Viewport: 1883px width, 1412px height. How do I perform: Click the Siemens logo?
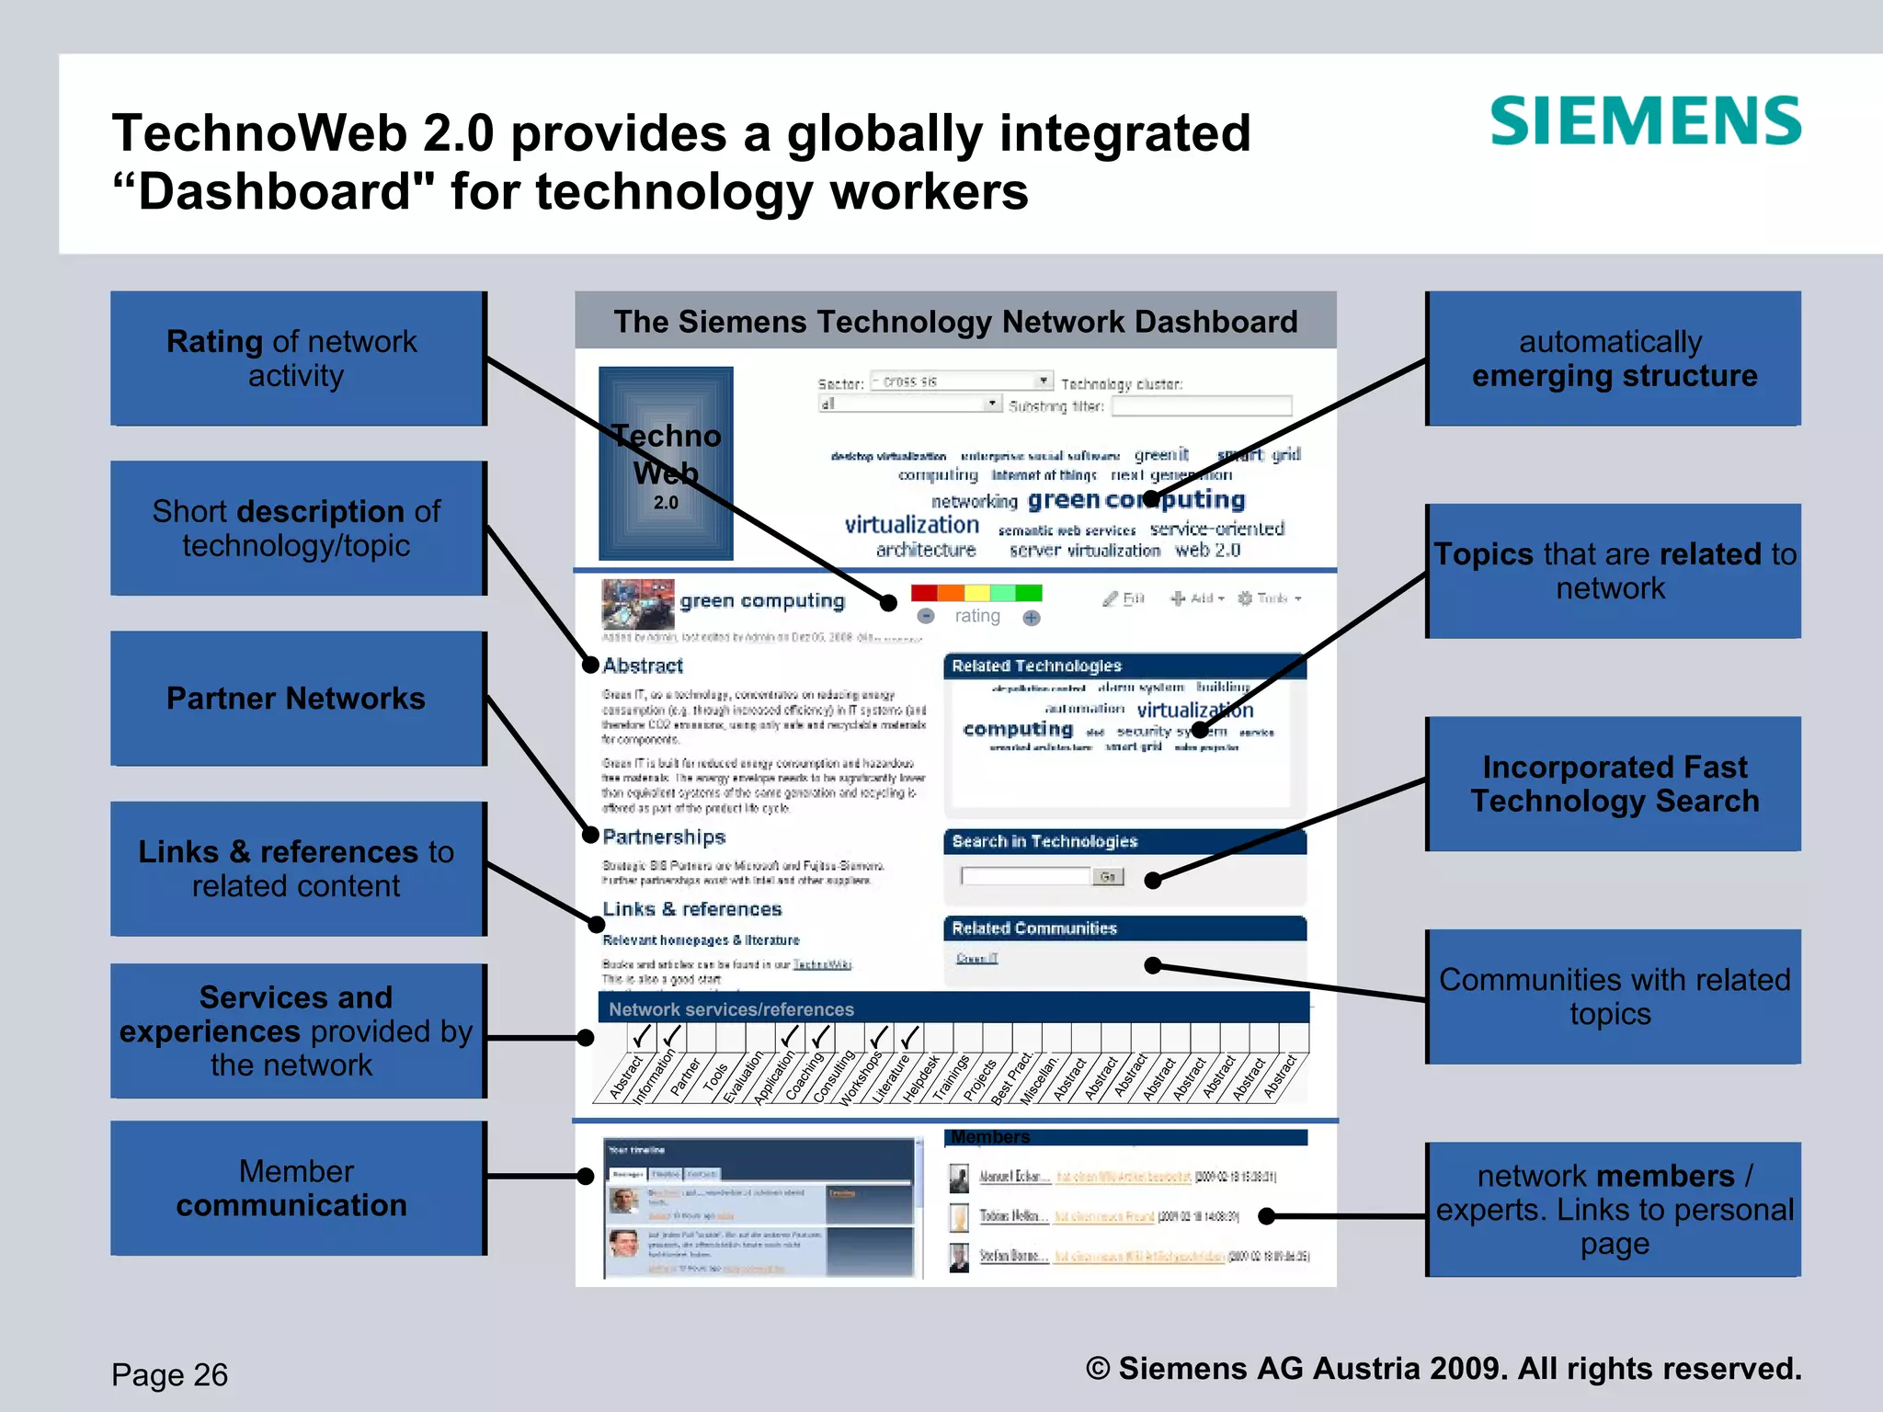[x=1645, y=121]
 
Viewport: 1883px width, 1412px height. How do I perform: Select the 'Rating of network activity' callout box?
[x=298, y=359]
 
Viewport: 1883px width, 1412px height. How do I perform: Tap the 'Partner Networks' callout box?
[x=298, y=699]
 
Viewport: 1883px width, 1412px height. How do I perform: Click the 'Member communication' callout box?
[x=298, y=1188]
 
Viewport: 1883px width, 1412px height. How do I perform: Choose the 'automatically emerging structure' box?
[x=1613, y=359]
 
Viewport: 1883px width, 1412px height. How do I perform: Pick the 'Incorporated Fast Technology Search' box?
[x=1613, y=784]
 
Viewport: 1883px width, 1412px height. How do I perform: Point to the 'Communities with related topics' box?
[x=1613, y=996]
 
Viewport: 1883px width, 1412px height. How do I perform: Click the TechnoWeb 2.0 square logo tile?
[x=666, y=463]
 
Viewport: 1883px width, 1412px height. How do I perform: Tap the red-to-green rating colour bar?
[x=976, y=593]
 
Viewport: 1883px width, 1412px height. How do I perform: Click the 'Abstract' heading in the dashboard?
[x=643, y=666]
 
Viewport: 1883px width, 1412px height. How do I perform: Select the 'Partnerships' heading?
[x=664, y=837]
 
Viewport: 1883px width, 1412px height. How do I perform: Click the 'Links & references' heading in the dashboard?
[x=691, y=909]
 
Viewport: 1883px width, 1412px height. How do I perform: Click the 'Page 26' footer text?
[x=170, y=1374]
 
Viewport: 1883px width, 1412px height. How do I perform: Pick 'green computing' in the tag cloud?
[x=1136, y=499]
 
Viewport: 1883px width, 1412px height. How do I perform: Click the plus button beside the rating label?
[x=1032, y=618]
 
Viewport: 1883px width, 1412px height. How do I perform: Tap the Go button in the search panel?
[x=1108, y=877]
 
